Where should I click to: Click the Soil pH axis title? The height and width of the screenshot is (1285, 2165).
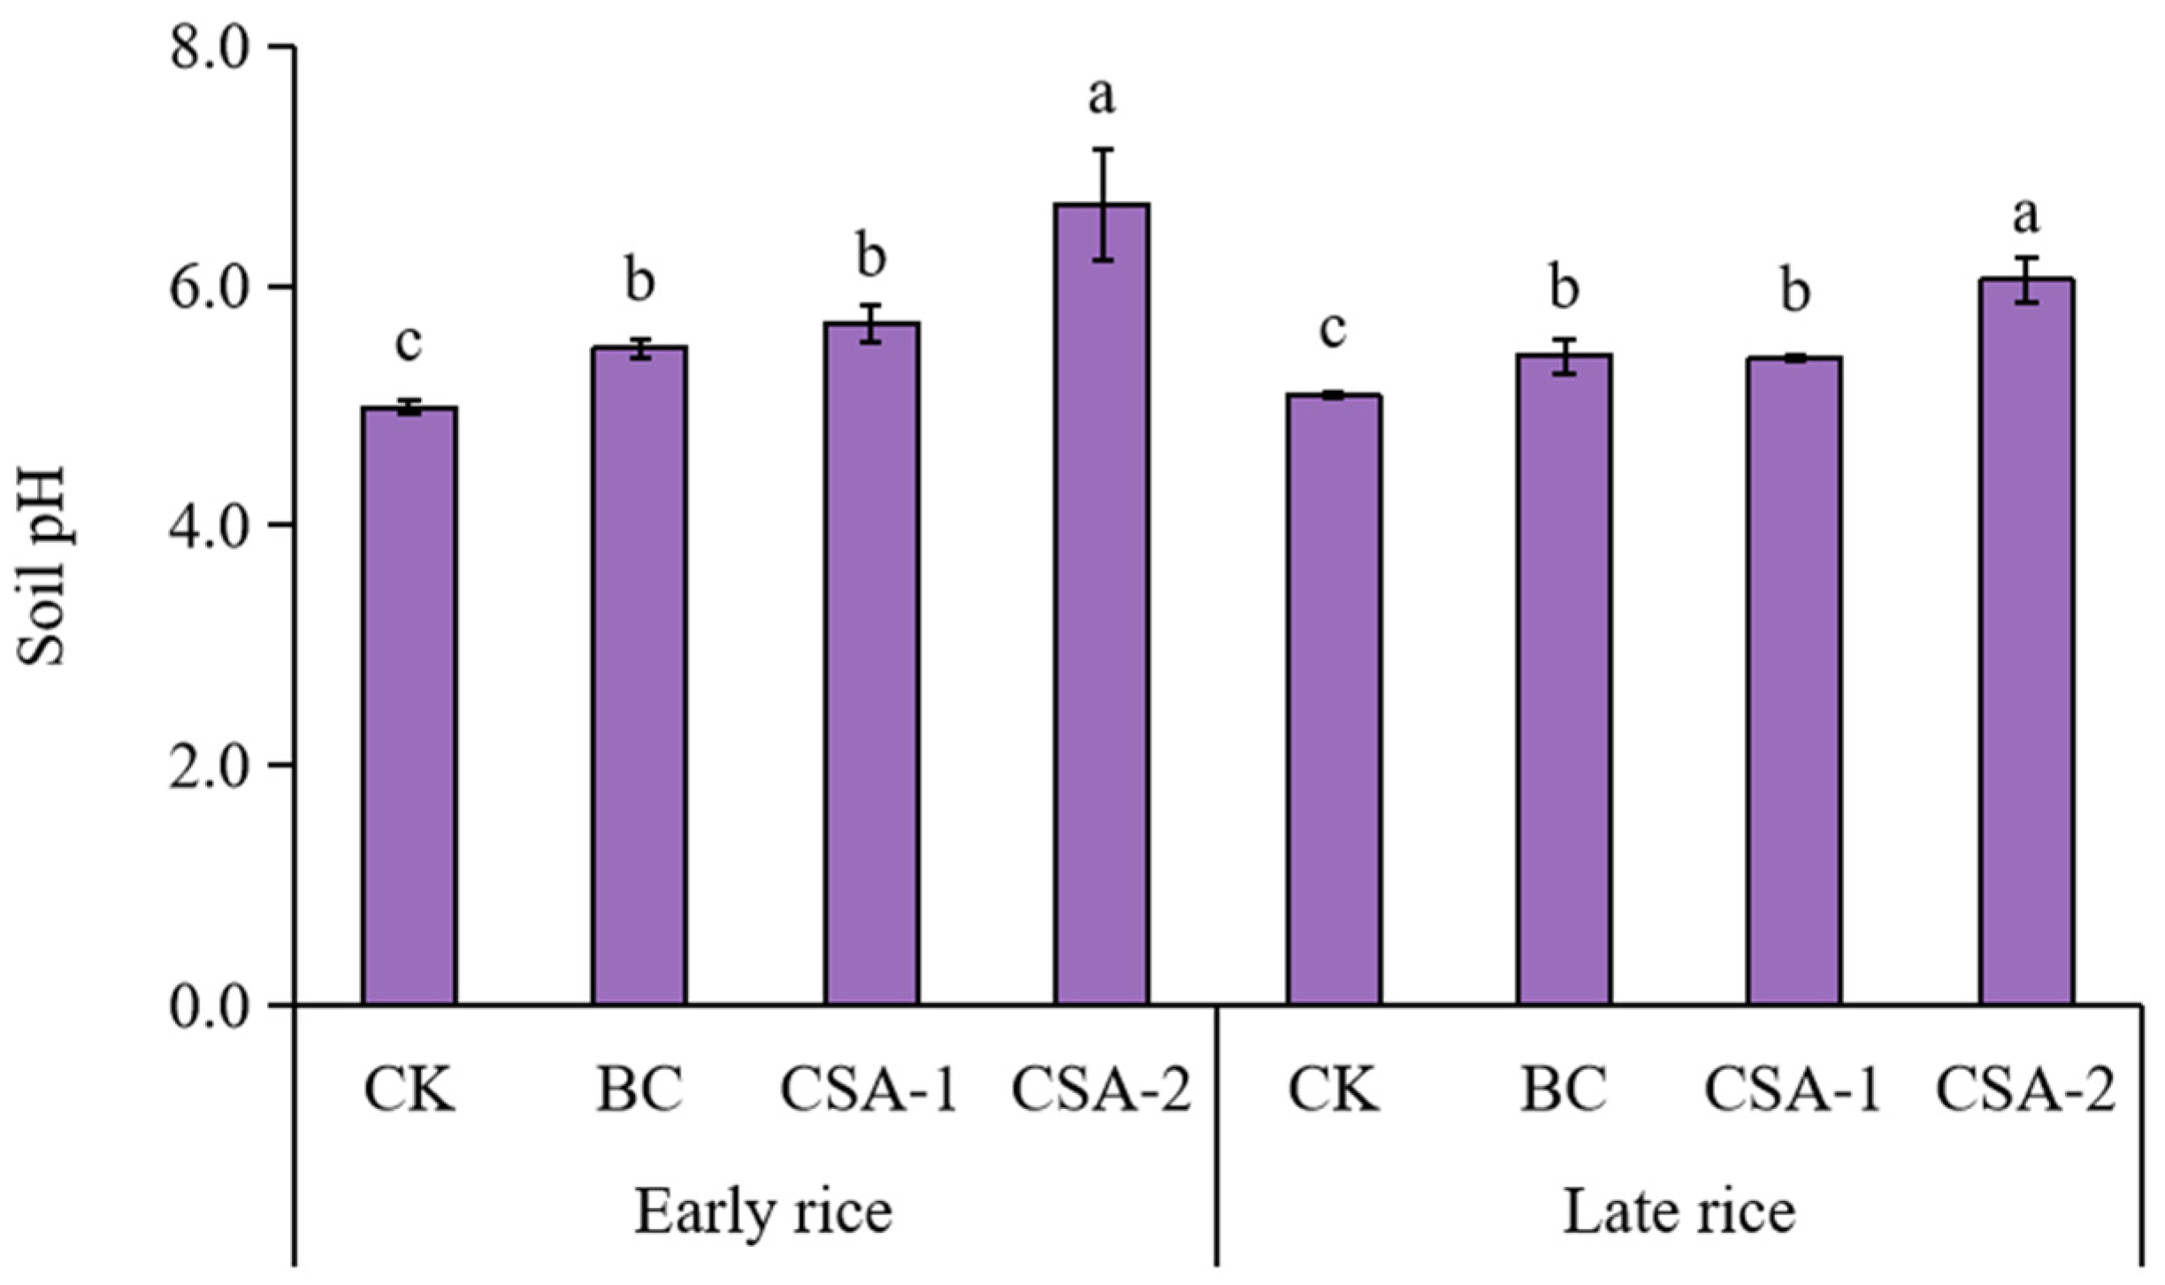pos(42,566)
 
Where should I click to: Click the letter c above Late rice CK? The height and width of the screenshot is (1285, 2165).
pos(1333,330)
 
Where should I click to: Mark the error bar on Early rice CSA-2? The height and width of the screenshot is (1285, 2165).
pos(1102,205)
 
